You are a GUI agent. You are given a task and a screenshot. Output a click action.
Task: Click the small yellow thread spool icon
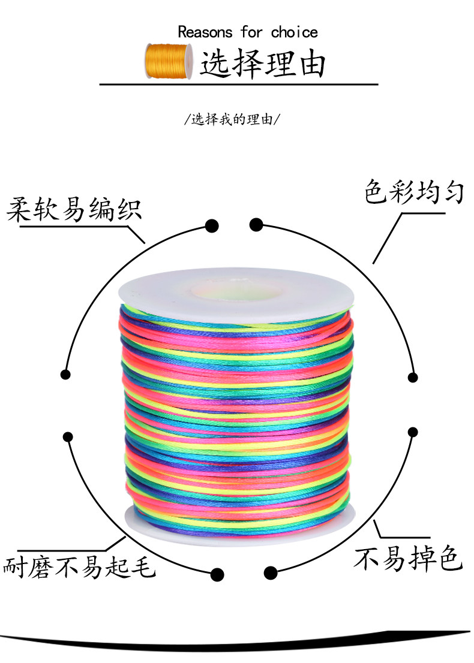169,61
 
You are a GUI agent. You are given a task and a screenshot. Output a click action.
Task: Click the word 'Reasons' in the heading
205,32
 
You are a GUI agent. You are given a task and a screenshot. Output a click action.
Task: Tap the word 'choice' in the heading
294,32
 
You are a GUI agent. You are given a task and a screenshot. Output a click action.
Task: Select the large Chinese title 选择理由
262,64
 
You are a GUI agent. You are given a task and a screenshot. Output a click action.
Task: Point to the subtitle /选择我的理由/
232,120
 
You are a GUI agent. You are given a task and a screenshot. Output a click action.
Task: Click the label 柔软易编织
74,209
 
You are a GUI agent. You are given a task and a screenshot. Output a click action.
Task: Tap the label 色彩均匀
414,192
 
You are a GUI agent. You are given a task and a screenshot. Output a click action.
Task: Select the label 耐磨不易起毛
80,566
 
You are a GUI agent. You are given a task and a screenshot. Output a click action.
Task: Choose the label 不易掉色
407,558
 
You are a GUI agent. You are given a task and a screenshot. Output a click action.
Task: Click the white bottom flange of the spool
240,525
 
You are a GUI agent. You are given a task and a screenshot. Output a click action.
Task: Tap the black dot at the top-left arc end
212,226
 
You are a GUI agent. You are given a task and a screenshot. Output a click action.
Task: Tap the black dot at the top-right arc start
256,225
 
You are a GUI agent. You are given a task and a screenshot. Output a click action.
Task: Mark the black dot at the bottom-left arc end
217,574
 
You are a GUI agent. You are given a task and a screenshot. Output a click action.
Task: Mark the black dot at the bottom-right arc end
271,572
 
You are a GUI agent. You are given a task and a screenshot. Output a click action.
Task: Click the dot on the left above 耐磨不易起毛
68,437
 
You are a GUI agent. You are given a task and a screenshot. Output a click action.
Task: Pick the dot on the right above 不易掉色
413,432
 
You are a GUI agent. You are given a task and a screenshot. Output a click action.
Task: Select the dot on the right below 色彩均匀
413,378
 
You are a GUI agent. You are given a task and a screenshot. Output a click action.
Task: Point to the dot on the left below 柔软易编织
65,374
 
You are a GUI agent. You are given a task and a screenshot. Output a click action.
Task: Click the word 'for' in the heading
251,32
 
